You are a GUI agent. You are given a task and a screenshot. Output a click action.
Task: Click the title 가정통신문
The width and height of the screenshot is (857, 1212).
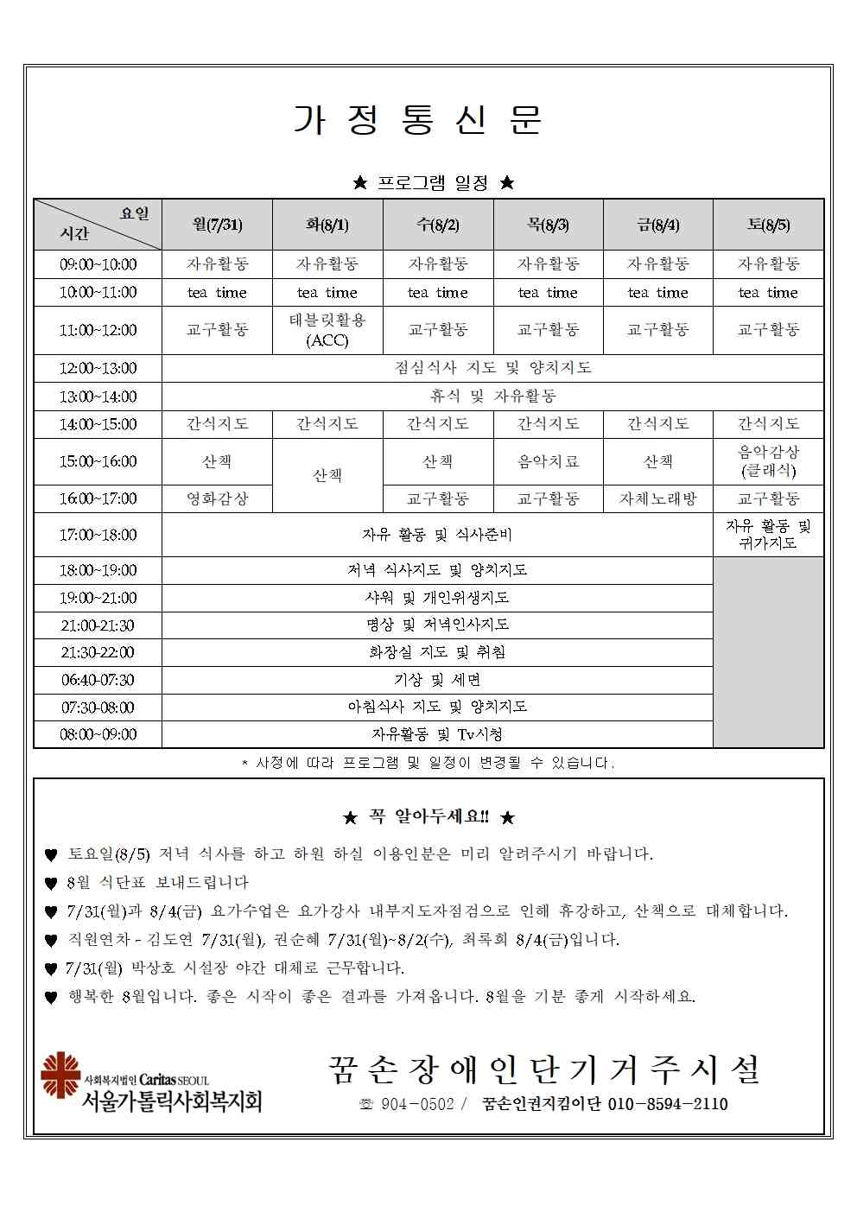[x=418, y=121]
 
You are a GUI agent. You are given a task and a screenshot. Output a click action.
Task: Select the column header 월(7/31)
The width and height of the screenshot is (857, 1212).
[x=217, y=225]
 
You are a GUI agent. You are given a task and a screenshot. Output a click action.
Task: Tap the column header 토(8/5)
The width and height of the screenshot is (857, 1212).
[x=768, y=225]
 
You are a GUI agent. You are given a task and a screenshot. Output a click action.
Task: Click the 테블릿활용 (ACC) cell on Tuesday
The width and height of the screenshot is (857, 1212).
[x=327, y=330]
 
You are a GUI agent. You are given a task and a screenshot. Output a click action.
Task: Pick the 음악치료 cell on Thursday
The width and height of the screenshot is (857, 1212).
[x=548, y=462]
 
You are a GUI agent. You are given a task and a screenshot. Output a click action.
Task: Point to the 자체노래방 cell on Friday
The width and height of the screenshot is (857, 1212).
[x=657, y=498]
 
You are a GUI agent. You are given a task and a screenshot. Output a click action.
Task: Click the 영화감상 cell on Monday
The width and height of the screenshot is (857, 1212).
[x=217, y=498]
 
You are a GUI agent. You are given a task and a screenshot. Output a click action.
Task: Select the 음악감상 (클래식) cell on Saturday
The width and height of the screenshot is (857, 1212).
[x=768, y=461]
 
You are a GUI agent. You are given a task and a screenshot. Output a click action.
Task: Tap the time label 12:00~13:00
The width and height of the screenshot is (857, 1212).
[x=98, y=368]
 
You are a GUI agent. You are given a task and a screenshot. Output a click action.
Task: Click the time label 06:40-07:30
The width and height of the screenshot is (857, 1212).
[x=98, y=680]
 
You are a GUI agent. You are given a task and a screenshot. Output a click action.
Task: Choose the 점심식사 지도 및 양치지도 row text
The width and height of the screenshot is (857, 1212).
[x=492, y=368]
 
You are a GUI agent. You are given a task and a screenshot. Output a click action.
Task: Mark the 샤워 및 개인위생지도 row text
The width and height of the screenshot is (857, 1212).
[x=437, y=598]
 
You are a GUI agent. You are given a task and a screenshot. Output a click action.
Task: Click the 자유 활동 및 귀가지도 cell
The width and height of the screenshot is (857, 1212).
[x=768, y=535]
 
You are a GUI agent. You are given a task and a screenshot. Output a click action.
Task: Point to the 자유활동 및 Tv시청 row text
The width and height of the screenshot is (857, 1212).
[x=437, y=734]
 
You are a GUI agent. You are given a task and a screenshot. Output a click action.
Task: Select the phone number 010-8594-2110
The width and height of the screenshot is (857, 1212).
[x=668, y=1104]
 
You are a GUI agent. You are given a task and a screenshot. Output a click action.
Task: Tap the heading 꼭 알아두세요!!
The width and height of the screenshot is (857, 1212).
[x=428, y=817]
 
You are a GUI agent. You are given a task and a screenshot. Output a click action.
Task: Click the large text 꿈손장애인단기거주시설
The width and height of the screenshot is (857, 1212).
[x=544, y=1069]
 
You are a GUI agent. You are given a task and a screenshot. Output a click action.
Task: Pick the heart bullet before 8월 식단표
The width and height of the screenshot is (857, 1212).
[x=51, y=884]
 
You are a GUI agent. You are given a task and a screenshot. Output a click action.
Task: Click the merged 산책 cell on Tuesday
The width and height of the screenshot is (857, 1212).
[x=327, y=476]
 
